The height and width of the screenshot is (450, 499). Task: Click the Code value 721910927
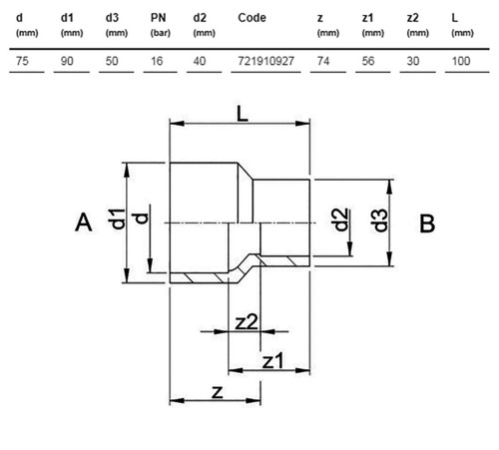[x=265, y=61]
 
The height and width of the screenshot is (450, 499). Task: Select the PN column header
[x=158, y=18]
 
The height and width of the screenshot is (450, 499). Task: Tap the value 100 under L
[x=461, y=61]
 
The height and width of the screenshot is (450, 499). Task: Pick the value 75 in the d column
[x=22, y=61]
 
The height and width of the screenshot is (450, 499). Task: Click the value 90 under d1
[x=67, y=61]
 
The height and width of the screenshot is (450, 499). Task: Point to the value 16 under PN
[x=157, y=61]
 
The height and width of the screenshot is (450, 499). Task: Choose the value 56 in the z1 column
[x=368, y=61]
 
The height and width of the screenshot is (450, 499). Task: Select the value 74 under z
[x=323, y=61]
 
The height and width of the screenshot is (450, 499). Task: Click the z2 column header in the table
[x=413, y=18]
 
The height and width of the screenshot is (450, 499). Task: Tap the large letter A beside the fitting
[x=84, y=223]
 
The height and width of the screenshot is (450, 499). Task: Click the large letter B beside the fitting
[x=427, y=224]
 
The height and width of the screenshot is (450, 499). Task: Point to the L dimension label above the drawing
[x=243, y=114]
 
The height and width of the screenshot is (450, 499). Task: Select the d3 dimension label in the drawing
[x=379, y=221]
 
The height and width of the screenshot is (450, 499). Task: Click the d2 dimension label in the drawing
[x=340, y=220]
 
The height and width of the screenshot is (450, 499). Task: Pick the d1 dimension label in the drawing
[x=118, y=220]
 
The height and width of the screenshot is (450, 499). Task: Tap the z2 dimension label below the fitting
[x=247, y=322]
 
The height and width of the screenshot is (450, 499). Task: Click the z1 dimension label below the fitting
[x=273, y=361]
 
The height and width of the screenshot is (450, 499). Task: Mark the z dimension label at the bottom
[x=218, y=392]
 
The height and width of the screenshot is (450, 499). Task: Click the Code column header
[x=251, y=18]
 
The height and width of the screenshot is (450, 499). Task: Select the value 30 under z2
[x=413, y=61]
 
